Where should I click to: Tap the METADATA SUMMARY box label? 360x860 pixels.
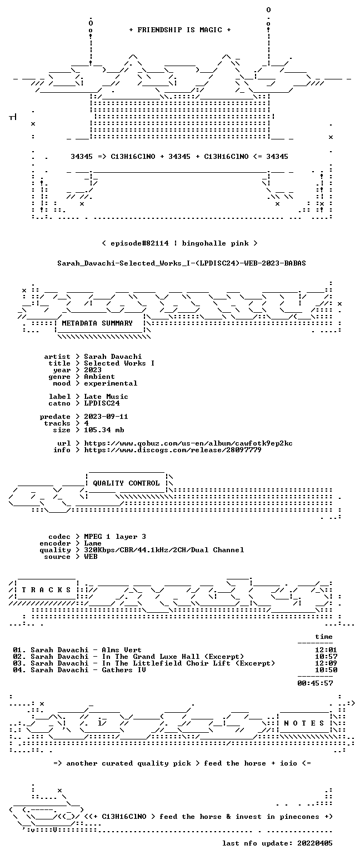(97, 323)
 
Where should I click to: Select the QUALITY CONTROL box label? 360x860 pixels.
(126, 483)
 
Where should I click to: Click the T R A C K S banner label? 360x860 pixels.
(46, 589)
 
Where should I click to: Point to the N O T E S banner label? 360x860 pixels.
(304, 723)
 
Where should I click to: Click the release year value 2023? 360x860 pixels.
(93, 370)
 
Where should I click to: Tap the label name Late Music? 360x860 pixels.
(106, 397)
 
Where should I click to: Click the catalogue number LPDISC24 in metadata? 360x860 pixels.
(102, 403)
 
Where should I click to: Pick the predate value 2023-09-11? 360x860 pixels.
(106, 417)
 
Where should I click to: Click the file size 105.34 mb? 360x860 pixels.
(104, 430)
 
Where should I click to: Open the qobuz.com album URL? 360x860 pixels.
(188, 443)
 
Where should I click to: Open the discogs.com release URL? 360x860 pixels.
(173, 450)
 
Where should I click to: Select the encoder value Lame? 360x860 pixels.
(93, 543)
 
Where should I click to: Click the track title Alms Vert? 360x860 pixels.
(122, 650)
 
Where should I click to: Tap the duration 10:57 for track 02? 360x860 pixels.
(326, 657)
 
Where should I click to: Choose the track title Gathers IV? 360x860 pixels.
(124, 670)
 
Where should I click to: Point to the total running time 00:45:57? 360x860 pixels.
(315, 683)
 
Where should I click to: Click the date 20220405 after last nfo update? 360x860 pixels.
(314, 843)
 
